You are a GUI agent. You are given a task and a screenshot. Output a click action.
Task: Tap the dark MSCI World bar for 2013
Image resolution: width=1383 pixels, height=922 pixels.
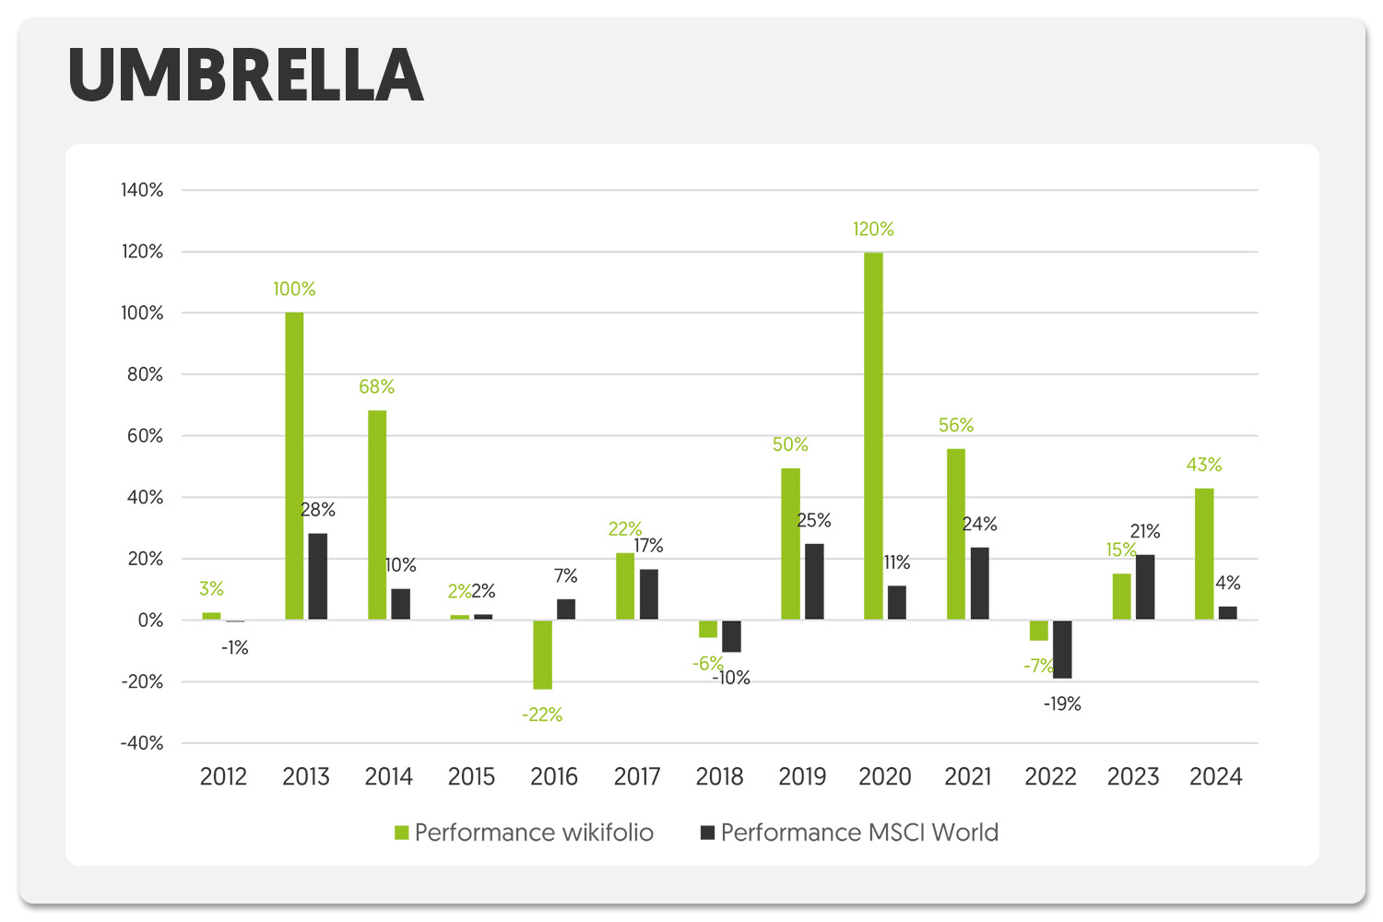(x=317, y=576)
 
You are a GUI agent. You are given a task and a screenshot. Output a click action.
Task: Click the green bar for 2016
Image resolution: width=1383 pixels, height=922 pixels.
(x=542, y=655)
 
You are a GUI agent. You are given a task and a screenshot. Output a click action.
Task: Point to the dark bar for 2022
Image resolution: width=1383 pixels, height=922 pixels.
(x=1062, y=649)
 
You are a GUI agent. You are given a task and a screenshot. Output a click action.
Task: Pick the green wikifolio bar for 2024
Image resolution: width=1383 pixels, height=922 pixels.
(x=1204, y=553)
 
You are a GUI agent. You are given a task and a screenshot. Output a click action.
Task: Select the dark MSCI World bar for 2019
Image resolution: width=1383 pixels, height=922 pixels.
(x=814, y=581)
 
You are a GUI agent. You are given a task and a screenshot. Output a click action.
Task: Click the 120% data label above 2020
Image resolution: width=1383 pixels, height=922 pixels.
(x=873, y=229)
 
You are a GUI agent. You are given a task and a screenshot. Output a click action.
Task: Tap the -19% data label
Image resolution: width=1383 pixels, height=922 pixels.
(x=1062, y=703)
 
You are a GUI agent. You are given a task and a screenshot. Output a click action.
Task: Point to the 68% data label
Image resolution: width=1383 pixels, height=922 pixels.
(x=376, y=386)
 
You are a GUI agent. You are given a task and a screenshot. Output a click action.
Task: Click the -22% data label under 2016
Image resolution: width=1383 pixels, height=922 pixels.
(x=542, y=715)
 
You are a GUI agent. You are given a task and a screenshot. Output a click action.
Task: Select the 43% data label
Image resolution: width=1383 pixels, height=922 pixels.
(x=1204, y=465)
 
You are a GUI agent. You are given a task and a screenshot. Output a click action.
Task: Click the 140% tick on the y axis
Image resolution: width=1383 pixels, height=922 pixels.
(x=142, y=190)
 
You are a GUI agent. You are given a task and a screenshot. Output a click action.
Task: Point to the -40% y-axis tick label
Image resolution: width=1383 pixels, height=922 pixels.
(x=142, y=743)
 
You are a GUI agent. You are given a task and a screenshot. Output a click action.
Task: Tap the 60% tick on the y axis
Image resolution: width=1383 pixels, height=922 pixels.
(x=145, y=436)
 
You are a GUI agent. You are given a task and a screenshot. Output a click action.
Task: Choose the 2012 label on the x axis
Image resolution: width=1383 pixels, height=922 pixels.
(x=223, y=776)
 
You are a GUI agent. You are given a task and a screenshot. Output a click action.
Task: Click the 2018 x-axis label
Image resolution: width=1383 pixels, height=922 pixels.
(x=719, y=776)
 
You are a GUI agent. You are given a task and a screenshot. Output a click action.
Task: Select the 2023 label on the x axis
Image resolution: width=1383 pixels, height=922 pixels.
(x=1133, y=776)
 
